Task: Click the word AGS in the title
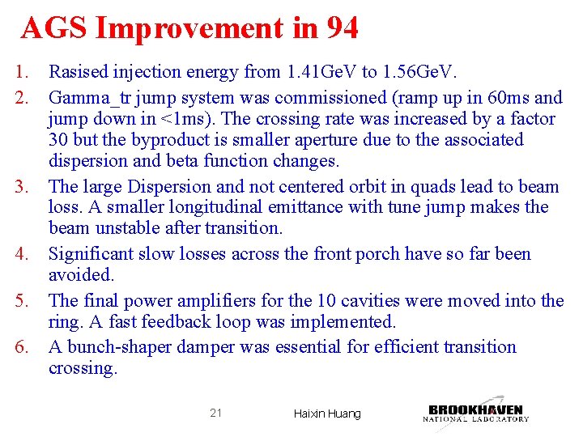point(54,28)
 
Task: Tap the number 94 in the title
point(343,28)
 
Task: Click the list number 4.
point(25,254)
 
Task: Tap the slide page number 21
point(215,413)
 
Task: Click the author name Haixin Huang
point(326,414)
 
